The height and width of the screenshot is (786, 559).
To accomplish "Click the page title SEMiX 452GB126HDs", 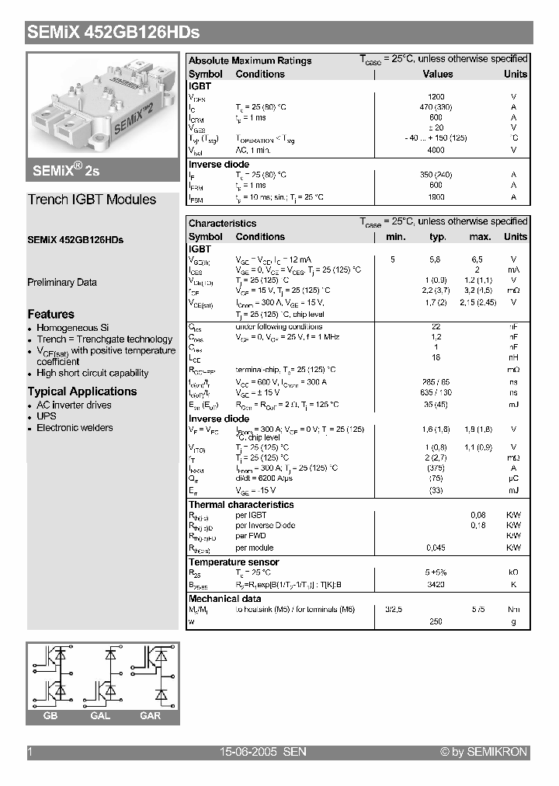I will pos(114,33).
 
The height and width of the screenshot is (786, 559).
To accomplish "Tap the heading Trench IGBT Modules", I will pos(92,200).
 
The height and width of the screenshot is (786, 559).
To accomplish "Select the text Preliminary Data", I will pos(62,282).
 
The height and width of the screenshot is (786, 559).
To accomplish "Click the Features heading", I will pos(51,314).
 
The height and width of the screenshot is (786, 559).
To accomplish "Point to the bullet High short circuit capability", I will pos(92,373).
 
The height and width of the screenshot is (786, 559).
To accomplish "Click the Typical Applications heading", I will pos(82,391).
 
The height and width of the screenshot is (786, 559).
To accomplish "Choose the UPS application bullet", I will pos(47,416).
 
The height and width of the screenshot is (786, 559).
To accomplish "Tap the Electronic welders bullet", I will pos(75,428).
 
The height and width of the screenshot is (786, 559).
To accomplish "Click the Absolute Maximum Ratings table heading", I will pos(250,61).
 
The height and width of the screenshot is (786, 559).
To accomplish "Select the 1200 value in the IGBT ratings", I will pos(436,96).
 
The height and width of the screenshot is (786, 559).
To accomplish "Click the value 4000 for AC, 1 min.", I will pos(436,150).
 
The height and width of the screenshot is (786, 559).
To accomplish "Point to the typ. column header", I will pos(437,237).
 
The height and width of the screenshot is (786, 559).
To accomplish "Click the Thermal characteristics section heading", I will pos(241,505).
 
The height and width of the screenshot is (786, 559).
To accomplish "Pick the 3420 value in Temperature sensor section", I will pos(436,585).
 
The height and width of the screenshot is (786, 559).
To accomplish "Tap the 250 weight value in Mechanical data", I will pos(436,621).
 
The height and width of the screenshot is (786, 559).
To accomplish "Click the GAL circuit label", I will pos(100,715).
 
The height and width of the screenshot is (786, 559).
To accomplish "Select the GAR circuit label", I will pos(150,715).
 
